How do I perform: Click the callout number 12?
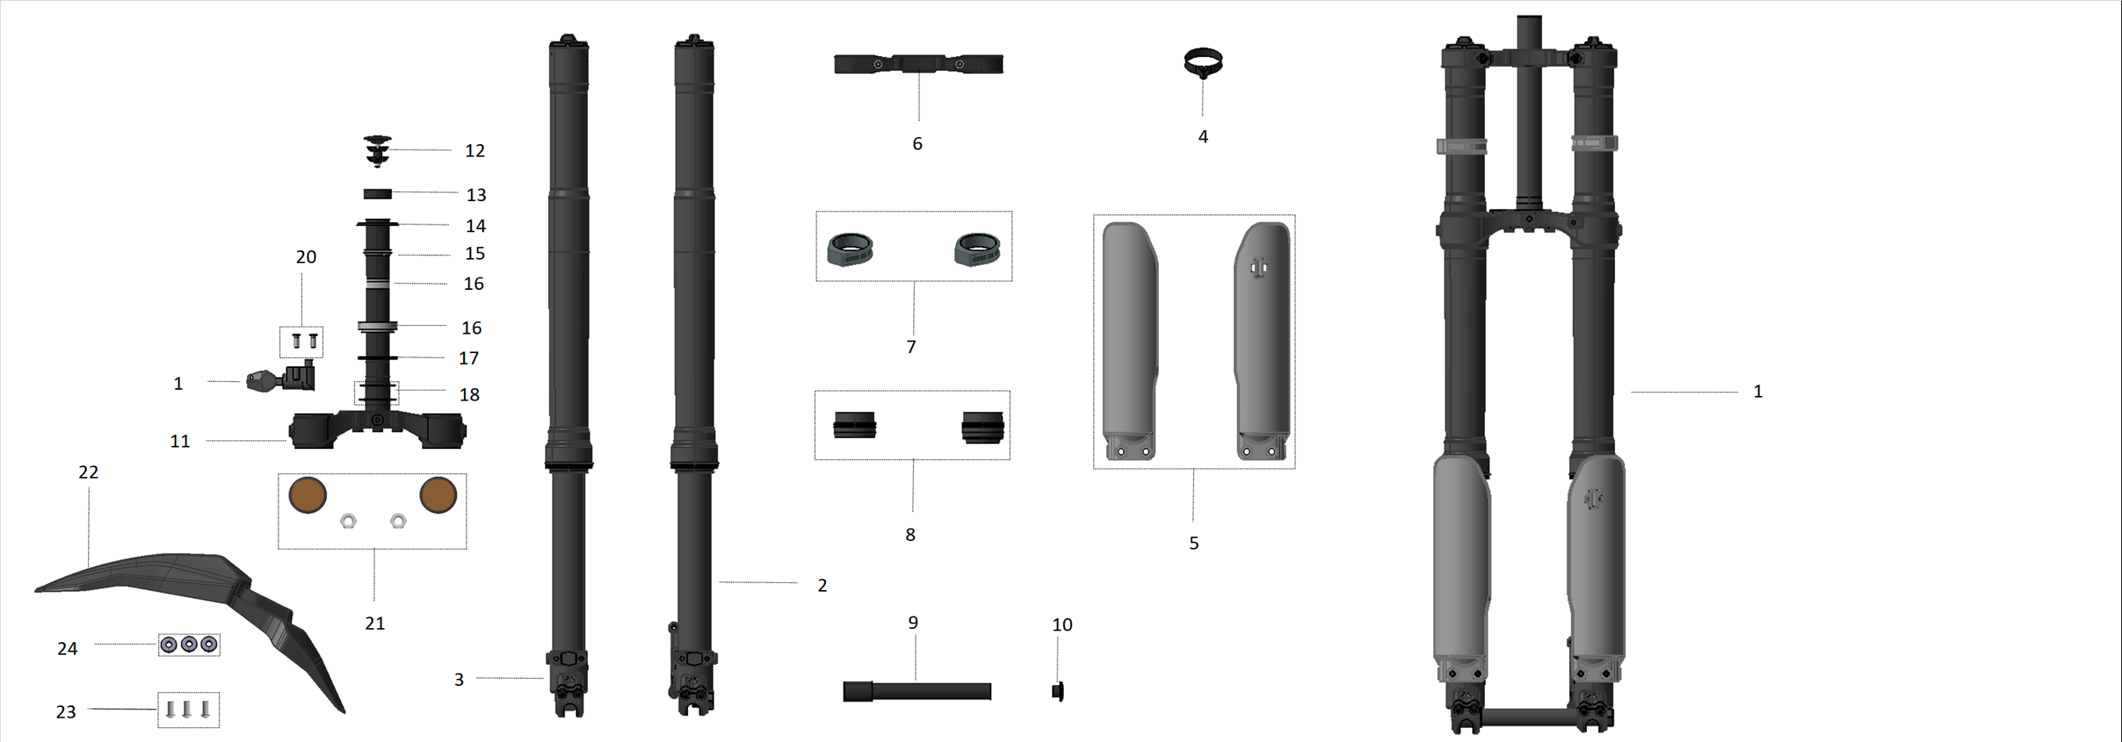[x=474, y=150]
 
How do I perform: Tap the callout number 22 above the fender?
[x=88, y=472]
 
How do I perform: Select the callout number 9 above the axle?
[x=912, y=623]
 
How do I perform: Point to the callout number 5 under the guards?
[x=1194, y=542]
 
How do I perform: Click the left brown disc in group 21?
[x=308, y=495]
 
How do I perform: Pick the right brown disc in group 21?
[x=438, y=495]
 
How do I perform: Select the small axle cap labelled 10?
[x=1057, y=692]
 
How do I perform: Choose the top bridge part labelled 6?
[x=919, y=64]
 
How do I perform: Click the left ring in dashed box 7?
[x=849, y=249]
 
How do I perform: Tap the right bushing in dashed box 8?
[x=983, y=427]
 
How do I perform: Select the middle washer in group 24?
[x=189, y=644]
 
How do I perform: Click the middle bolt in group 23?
[x=187, y=709]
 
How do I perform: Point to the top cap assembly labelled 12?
[x=377, y=150]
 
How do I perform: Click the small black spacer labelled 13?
[x=377, y=194]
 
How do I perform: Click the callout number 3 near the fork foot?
[x=459, y=680]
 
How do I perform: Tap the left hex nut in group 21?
[x=349, y=521]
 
